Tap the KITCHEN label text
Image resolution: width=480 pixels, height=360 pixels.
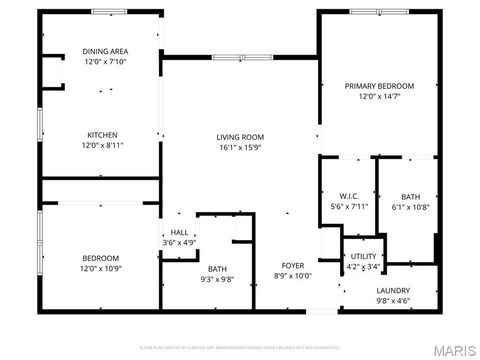(102, 135)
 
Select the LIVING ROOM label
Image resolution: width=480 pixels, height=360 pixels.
(240, 137)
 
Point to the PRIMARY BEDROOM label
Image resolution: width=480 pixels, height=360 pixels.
(379, 86)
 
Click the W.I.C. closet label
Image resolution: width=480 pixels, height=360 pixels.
(349, 196)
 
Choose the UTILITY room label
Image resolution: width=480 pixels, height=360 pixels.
(363, 257)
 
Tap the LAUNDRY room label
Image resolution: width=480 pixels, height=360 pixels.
(393, 291)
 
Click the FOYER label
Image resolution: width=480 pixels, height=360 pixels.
(292, 266)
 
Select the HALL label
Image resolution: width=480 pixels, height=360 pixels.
(180, 232)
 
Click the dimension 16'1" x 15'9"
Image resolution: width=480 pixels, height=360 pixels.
(240, 147)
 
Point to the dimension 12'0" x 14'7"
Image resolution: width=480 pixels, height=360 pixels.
(379, 96)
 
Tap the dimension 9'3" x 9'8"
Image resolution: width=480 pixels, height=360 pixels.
(217, 279)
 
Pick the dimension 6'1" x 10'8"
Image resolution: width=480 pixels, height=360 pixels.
(411, 207)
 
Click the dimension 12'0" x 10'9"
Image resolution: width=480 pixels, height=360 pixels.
(100, 268)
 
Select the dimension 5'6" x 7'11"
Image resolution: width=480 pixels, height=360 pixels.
(349, 206)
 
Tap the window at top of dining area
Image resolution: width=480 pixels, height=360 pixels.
(110, 11)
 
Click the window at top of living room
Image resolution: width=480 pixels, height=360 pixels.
(241, 58)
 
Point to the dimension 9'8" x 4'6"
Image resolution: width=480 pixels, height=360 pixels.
(393, 301)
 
